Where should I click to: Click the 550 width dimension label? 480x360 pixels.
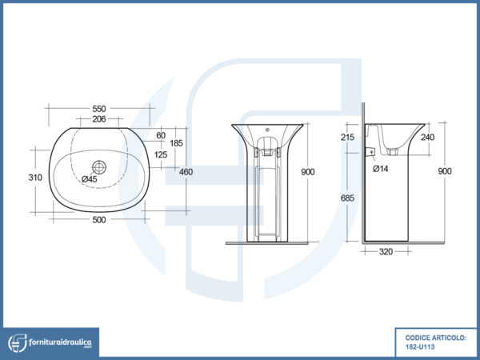tap(99, 109)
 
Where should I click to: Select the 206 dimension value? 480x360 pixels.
tap(99, 119)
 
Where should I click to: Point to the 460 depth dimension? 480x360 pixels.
tap(186, 172)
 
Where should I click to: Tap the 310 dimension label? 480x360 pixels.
tap(35, 178)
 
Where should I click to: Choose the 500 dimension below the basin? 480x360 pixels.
tap(99, 220)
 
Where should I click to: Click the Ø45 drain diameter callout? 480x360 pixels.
tap(90, 179)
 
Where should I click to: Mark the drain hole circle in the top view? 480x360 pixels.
tap(99, 167)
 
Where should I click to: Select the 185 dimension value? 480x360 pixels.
tap(176, 143)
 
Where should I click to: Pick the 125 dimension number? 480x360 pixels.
tap(161, 154)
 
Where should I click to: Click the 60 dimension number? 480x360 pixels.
tap(161, 135)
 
